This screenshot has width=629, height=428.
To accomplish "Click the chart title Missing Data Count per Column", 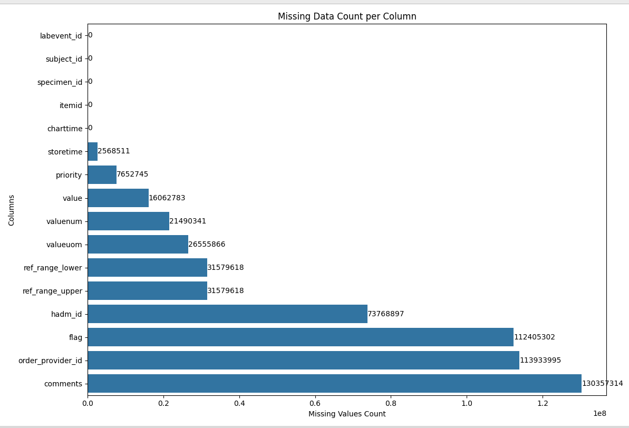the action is pyautogui.click(x=347, y=16).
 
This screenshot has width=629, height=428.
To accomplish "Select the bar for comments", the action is pyautogui.click(x=335, y=384).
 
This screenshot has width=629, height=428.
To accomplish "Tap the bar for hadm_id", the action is pyautogui.click(x=227, y=314).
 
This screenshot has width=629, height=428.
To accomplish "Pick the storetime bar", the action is pyautogui.click(x=93, y=152).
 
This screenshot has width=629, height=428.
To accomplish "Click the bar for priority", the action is pyautogui.click(x=102, y=175).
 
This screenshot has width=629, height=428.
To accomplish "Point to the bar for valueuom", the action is pyautogui.click(x=138, y=244).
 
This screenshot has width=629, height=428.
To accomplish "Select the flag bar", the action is pyautogui.click(x=301, y=337).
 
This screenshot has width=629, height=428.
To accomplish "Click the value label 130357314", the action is pyautogui.click(x=603, y=384).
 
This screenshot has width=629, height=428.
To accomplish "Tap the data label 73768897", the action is pyautogui.click(x=386, y=314).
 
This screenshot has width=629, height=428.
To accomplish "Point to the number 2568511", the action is pyautogui.click(x=114, y=151).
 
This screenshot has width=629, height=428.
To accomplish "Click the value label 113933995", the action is pyautogui.click(x=540, y=360).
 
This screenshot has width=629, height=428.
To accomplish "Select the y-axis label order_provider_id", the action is pyautogui.click(x=50, y=361).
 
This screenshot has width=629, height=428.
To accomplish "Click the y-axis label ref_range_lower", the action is pyautogui.click(x=53, y=268).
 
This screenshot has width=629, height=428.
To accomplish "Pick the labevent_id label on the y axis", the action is pyautogui.click(x=61, y=36).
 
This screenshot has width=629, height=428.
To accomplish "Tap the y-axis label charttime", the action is pyautogui.click(x=65, y=129).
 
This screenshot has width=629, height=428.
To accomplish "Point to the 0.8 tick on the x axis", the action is pyautogui.click(x=391, y=403).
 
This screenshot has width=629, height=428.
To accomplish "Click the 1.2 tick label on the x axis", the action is pyautogui.click(x=543, y=403).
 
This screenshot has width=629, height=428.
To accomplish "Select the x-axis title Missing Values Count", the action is pyautogui.click(x=347, y=414).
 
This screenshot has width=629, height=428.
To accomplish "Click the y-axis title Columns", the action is pyautogui.click(x=11, y=210).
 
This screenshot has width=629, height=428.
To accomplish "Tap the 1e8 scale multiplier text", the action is pyautogui.click(x=599, y=414).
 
